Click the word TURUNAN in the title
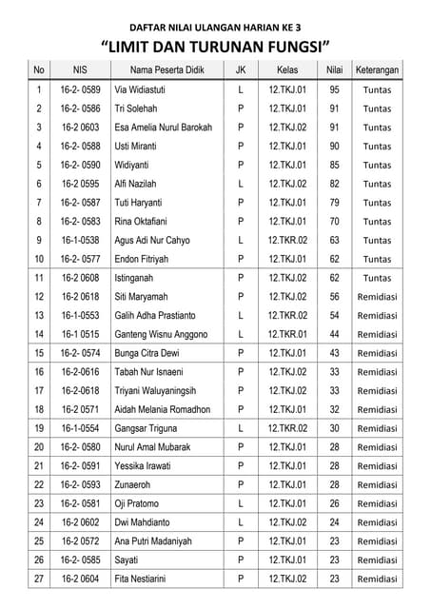click(230, 46)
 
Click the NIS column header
click(80, 70)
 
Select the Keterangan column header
click(377, 70)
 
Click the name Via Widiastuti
click(143, 90)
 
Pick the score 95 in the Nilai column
click(334, 90)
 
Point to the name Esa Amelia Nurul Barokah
click(163, 128)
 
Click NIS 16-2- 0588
click(80, 147)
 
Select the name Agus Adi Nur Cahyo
click(156, 241)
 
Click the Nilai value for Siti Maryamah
click(334, 297)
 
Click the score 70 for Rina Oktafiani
click(334, 222)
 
